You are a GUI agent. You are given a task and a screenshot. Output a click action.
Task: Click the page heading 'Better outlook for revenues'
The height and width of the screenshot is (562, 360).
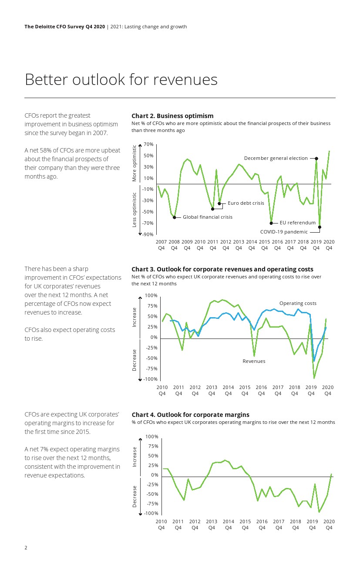pyautogui.click(x=121, y=80)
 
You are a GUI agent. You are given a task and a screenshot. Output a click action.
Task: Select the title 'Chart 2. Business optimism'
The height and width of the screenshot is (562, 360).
pyautogui.click(x=172, y=116)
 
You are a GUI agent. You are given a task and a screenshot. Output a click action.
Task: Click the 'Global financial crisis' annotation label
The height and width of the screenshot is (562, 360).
pyautogui.click(x=207, y=217)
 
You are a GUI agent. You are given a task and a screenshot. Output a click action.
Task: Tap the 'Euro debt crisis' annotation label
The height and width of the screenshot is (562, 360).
pyautogui.click(x=246, y=203)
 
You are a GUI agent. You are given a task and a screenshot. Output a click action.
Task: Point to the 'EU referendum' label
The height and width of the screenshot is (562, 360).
pyautogui.click(x=297, y=223)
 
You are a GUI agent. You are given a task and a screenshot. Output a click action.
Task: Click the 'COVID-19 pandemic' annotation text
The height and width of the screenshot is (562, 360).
pyautogui.click(x=283, y=232)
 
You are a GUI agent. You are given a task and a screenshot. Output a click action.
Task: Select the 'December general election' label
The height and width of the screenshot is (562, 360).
pyautogui.click(x=276, y=158)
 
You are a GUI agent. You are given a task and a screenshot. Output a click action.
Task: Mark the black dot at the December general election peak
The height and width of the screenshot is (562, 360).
pyautogui.click(x=316, y=159)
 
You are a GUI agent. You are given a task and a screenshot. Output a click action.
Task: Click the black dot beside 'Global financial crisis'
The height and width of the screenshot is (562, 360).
pyautogui.click(x=175, y=217)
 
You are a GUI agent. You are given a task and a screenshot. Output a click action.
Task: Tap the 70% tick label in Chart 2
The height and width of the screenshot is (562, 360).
pyautogui.click(x=148, y=144)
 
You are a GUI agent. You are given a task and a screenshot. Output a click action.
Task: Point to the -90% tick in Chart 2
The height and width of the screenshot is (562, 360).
pyautogui.click(x=148, y=234)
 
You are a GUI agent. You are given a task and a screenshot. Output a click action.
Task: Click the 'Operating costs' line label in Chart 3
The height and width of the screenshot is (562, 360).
pyautogui.click(x=298, y=303)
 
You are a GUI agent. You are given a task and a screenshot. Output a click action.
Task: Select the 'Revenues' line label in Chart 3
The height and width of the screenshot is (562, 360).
pyautogui.click(x=254, y=361)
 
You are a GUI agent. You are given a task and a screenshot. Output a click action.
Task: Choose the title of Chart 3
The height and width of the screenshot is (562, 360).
pyautogui.click(x=222, y=269)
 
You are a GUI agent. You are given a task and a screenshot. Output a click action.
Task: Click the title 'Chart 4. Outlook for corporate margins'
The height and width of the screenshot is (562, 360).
pyautogui.click(x=190, y=415)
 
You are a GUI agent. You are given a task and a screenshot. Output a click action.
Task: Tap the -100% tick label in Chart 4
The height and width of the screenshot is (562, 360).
pyautogui.click(x=151, y=513)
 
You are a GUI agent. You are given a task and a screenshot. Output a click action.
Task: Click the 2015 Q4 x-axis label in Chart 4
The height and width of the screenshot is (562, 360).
pyautogui.click(x=245, y=525)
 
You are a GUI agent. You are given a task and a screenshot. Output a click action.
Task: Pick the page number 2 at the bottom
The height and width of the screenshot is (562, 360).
pyautogui.click(x=26, y=548)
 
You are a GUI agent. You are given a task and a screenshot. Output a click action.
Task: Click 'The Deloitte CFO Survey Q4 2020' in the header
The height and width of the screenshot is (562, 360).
pyautogui.click(x=64, y=27)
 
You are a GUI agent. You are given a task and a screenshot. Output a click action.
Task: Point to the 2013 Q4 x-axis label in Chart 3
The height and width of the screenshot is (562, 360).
pyautogui.click(x=212, y=390)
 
